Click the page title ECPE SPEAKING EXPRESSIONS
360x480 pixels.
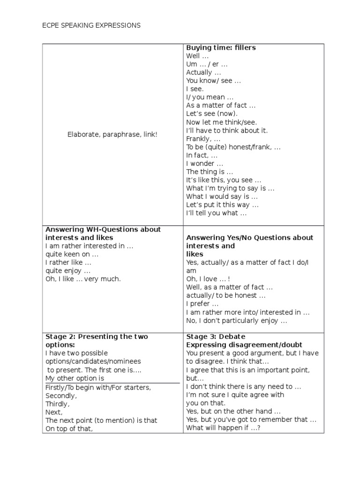[91, 25]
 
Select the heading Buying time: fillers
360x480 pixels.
[221, 48]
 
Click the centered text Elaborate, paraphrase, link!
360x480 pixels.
[112, 135]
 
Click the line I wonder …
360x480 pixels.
[204, 164]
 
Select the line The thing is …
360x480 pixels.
[209, 172]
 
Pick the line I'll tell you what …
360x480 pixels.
[216, 213]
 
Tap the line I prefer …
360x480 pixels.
[202, 304]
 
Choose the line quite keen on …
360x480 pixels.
[72, 254]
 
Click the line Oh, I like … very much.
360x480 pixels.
[83, 279]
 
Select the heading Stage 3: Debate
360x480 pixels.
[216, 337]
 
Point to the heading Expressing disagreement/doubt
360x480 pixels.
[244, 345]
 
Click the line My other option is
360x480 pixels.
[75, 378]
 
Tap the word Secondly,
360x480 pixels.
[61, 395]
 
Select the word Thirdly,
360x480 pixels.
[57, 404]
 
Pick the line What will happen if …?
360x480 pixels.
[223, 428]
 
